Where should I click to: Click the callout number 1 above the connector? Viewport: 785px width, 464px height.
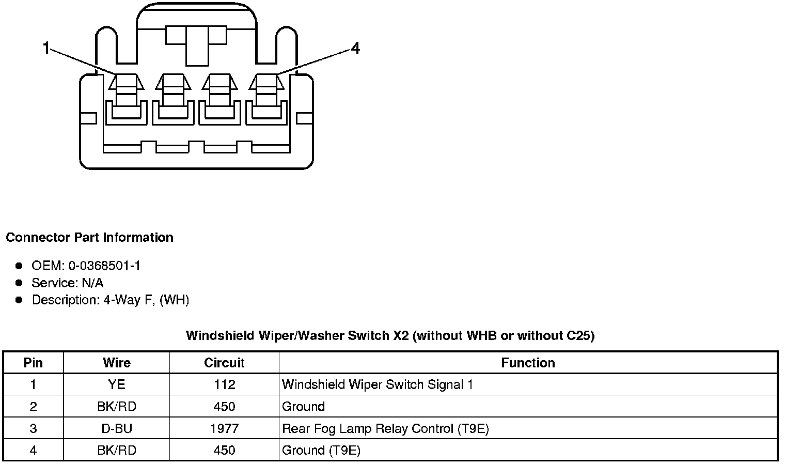(x=46, y=49)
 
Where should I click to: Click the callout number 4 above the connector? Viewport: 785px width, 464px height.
(x=355, y=49)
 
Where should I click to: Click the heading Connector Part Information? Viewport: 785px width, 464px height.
(x=89, y=238)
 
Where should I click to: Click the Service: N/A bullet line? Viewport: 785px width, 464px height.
(x=67, y=283)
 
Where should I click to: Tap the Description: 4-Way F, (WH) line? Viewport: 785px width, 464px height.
(x=110, y=300)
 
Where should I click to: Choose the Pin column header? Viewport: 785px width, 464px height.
(x=33, y=363)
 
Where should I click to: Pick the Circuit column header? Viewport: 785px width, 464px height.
(x=224, y=363)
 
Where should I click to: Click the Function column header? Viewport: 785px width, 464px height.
(x=528, y=363)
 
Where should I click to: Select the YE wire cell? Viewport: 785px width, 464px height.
(x=117, y=385)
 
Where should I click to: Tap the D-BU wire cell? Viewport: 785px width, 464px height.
(x=117, y=429)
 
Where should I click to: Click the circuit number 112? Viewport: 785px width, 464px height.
(x=224, y=385)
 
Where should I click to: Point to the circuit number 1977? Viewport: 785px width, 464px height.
(x=224, y=429)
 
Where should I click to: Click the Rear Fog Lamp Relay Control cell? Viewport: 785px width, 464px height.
(x=385, y=429)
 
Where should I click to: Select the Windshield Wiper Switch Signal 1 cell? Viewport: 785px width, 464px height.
(x=378, y=385)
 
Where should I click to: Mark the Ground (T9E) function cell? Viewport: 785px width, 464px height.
(x=321, y=451)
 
